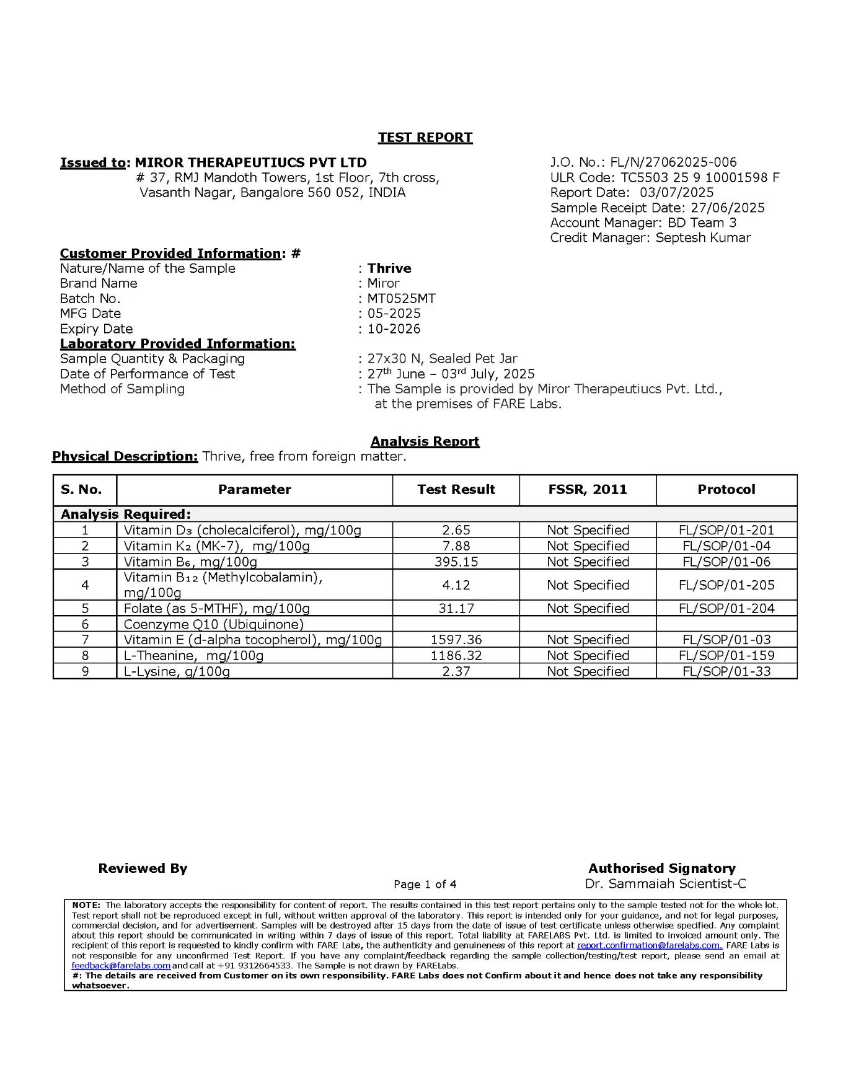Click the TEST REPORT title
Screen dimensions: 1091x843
(425, 138)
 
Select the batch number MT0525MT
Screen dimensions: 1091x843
(401, 299)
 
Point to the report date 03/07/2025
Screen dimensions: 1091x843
(676, 193)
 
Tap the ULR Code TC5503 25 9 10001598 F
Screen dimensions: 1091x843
(700, 178)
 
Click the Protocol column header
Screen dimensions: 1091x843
(726, 490)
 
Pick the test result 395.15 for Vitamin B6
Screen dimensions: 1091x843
(456, 562)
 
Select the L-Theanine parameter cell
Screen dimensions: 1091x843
(193, 656)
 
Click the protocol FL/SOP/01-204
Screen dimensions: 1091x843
(726, 609)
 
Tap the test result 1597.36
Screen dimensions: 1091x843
(456, 640)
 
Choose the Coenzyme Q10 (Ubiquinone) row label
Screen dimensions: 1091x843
(213, 624)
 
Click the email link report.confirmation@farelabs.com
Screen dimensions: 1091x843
(650, 945)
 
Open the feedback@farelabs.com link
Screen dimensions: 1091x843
(121, 965)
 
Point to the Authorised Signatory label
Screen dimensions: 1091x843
(662, 868)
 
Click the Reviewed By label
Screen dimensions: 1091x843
(143, 868)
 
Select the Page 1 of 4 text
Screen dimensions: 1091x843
(425, 885)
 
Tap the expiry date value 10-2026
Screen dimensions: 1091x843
(394, 329)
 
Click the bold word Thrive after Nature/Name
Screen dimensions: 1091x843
(389, 268)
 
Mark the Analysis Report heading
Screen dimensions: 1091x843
(425, 441)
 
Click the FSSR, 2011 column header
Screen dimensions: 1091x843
(588, 490)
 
